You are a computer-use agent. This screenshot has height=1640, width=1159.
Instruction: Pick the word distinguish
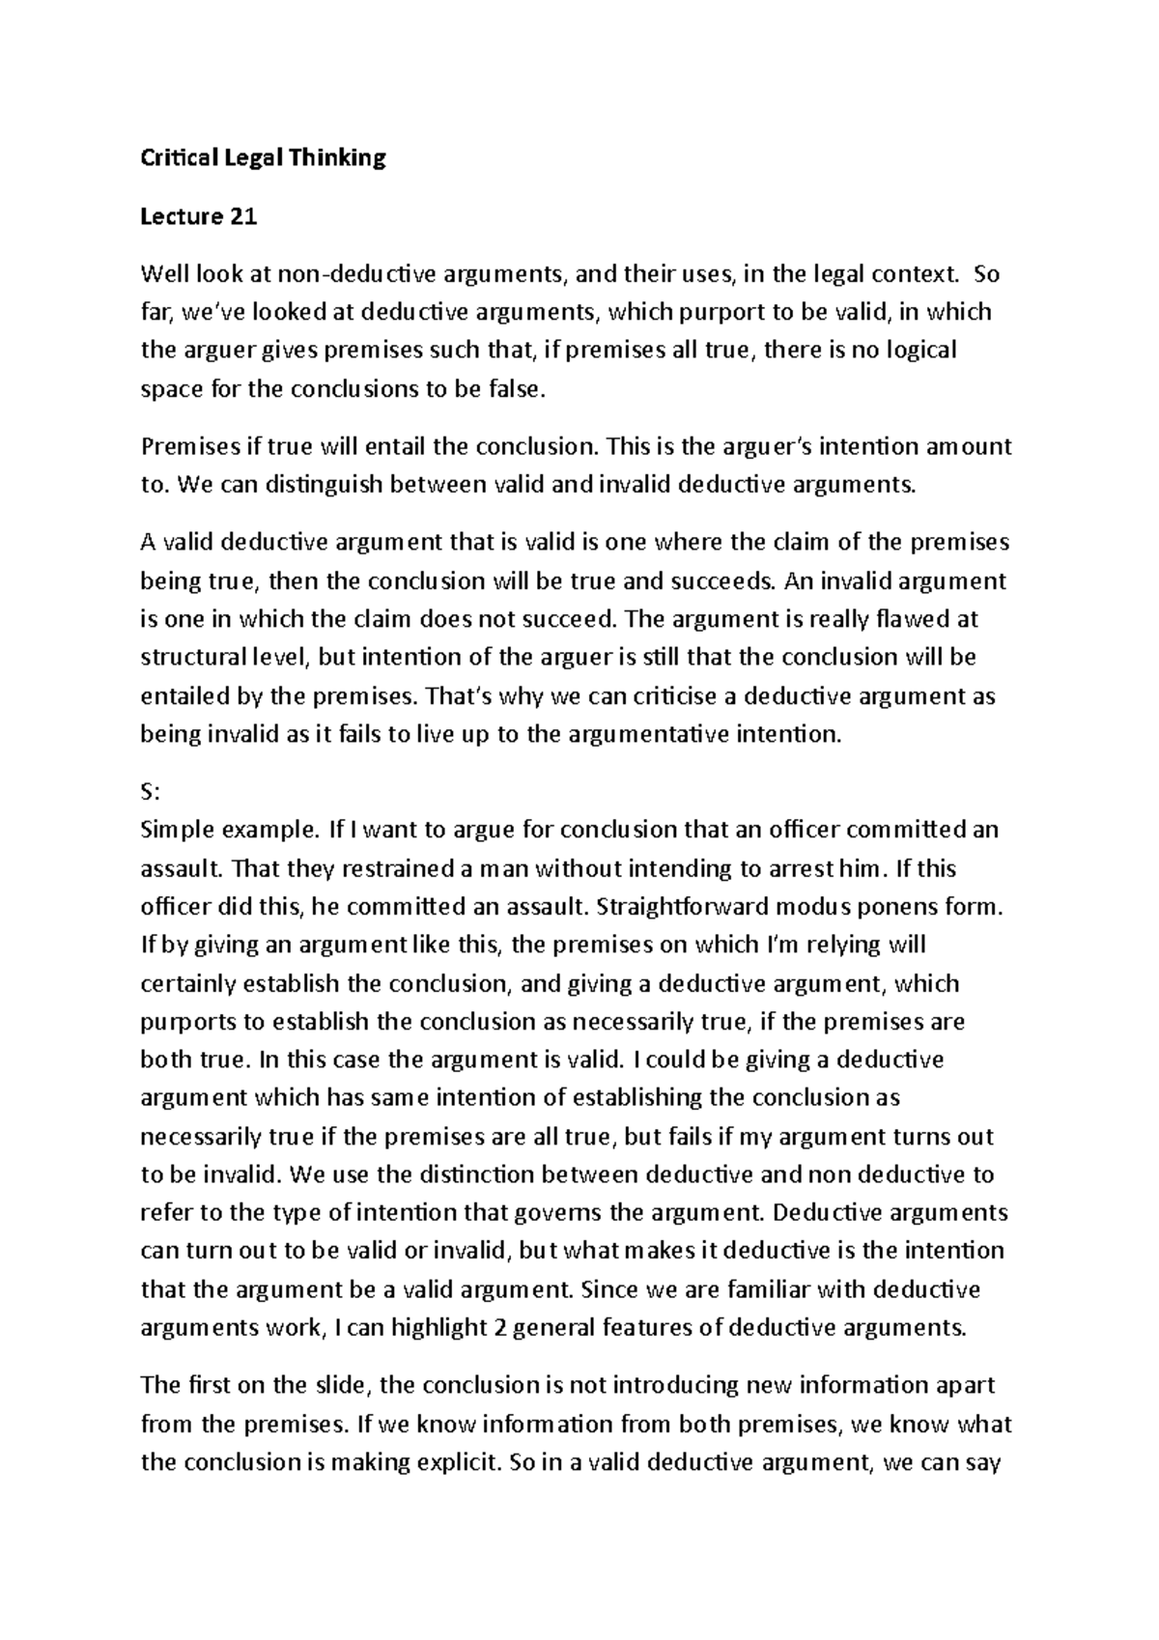tap(325, 485)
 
